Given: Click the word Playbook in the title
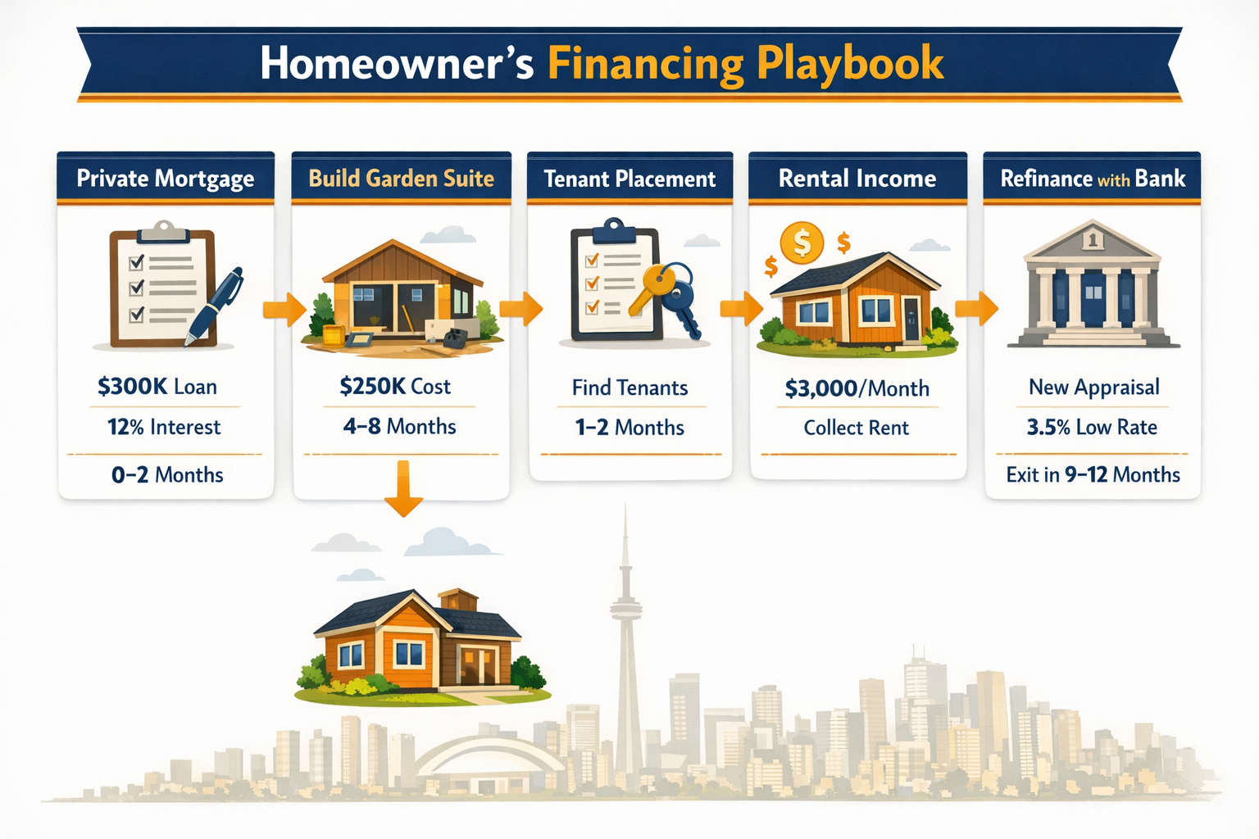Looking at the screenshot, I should (850, 64).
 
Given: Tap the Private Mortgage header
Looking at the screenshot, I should (165, 179).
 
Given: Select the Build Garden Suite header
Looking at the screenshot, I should (401, 179).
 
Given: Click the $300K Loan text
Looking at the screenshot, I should (157, 387).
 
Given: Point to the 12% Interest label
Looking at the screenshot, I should (164, 427).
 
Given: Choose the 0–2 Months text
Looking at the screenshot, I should (167, 474).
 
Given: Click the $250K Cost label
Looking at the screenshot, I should (395, 387).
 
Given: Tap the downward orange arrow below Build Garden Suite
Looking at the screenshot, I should (402, 489).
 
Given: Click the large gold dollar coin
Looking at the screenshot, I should (801, 243).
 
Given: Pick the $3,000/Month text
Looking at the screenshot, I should (857, 388).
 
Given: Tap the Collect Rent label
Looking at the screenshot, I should (856, 428).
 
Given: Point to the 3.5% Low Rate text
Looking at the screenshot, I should (1092, 427).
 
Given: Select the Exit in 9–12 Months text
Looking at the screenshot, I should (1093, 474).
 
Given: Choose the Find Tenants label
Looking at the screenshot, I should (629, 388).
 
